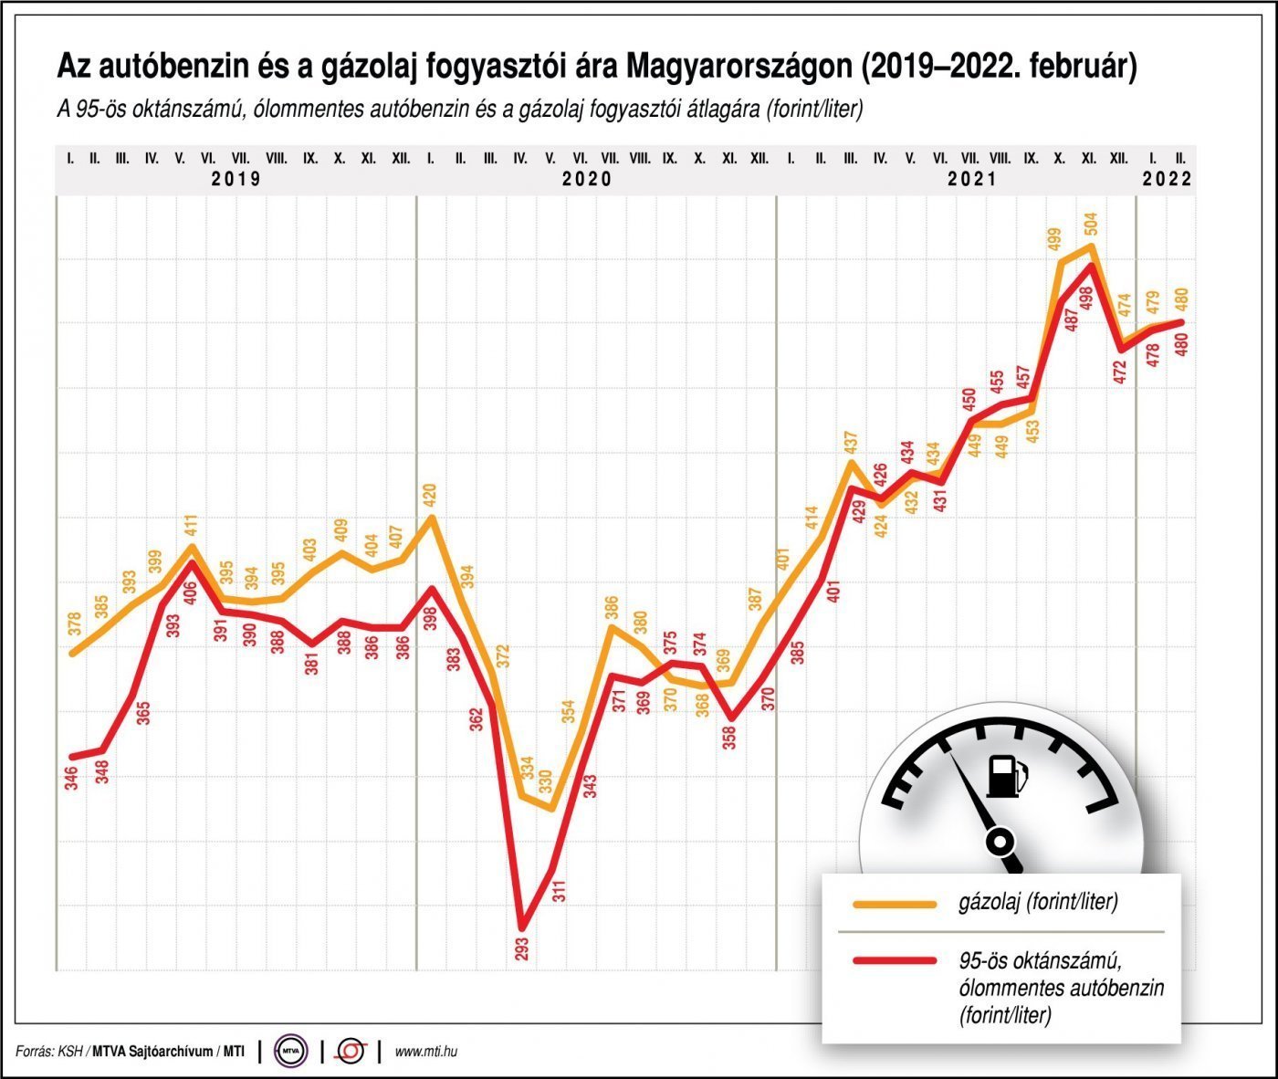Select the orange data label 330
(545, 783)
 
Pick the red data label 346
(72, 778)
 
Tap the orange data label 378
(75, 623)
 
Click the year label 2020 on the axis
(587, 179)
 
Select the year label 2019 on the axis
(236, 179)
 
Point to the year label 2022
(1168, 179)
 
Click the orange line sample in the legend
(894, 904)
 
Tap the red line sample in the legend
(894, 960)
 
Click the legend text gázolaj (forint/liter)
(1038, 903)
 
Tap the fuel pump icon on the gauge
(1006, 776)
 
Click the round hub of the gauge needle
(1001, 840)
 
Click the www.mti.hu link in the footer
(425, 1052)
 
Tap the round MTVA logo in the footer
(292, 1052)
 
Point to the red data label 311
(559, 889)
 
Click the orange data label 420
(430, 496)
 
